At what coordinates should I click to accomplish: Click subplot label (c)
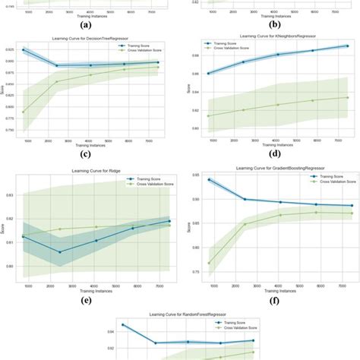pyautogui.click(x=86, y=154)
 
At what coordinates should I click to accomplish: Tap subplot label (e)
pyautogui.click(x=86, y=300)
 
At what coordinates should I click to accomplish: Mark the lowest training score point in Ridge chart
pyautogui.click(x=59, y=251)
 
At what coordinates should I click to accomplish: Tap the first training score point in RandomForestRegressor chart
pyautogui.click(x=123, y=325)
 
